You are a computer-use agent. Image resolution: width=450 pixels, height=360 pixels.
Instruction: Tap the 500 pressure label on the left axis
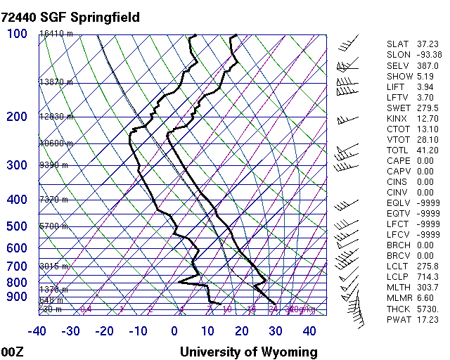pos(16,226)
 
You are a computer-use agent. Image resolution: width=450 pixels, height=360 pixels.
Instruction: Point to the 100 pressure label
pos(16,33)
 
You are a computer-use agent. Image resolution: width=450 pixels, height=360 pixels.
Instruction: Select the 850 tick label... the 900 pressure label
pos(16,297)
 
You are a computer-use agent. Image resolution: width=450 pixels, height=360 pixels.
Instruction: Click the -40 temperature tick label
pos(37,331)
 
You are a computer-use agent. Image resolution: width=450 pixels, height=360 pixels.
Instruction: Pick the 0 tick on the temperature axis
pos(174,331)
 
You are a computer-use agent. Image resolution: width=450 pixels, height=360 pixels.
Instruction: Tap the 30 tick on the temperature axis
pos(275,331)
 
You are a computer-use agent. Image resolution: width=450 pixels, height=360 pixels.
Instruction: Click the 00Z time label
pos(13,352)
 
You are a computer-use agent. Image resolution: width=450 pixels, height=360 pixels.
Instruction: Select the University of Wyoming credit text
pos(249,352)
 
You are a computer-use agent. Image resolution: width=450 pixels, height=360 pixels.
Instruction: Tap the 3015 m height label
pos(53,266)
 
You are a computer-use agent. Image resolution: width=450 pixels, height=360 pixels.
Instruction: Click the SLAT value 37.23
pos(428,44)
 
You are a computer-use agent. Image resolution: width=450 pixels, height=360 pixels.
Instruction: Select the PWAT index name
pos(398,319)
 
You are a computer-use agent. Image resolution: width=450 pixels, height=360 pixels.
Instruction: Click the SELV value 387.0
pos(428,65)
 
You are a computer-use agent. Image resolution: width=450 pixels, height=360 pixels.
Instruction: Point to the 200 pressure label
pos(16,117)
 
